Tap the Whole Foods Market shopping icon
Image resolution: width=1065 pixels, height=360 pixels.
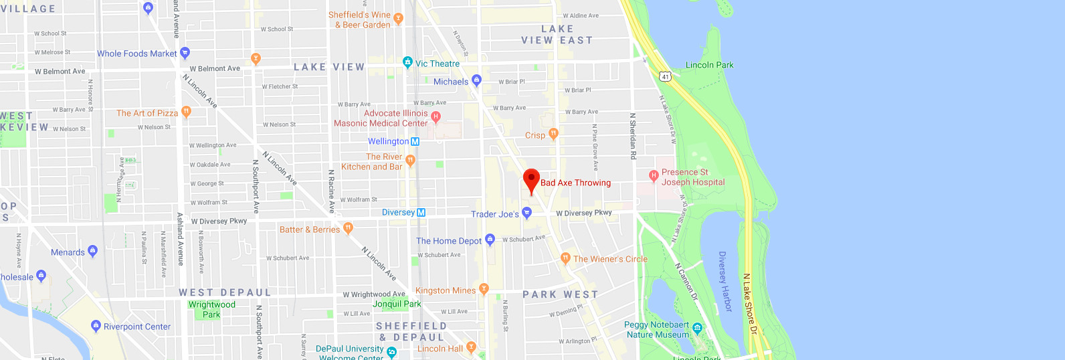[x=185, y=52]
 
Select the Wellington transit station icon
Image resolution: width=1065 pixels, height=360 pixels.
[x=415, y=141]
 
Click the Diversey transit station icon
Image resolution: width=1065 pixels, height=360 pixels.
[x=421, y=212]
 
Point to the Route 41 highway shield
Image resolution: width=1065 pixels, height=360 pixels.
[x=665, y=76]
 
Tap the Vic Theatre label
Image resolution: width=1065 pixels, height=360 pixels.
[x=438, y=64]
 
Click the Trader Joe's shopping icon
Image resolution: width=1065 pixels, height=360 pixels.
[x=526, y=213]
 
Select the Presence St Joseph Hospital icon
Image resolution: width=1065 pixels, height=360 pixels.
[x=654, y=175]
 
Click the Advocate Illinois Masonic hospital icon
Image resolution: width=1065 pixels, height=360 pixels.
[x=435, y=116]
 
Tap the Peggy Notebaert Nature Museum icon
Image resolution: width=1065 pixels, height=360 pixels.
[x=698, y=328]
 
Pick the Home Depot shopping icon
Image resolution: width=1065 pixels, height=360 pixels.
[x=490, y=239]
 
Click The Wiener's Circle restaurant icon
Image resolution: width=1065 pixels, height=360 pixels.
[x=565, y=258]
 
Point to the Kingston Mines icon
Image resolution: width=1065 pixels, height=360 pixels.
[x=484, y=289]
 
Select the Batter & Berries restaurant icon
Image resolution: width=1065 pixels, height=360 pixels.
[x=348, y=228]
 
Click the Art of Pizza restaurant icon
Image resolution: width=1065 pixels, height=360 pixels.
[x=187, y=111]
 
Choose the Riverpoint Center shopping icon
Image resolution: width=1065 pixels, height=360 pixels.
[x=96, y=325]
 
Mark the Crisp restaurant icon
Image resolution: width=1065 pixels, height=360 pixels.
[x=553, y=134]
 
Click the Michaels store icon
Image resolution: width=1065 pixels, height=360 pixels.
[x=476, y=80]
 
